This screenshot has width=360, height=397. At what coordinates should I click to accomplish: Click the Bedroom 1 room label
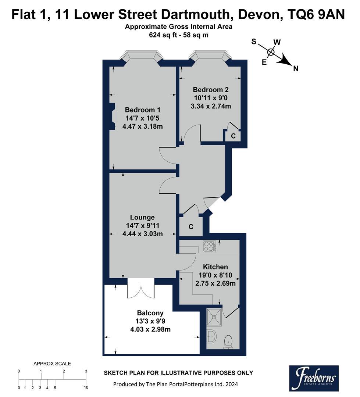(142, 110)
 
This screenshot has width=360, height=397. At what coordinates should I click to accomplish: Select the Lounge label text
(142, 217)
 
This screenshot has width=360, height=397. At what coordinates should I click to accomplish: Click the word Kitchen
(215, 267)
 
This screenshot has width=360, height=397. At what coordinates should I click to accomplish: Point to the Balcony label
(150, 313)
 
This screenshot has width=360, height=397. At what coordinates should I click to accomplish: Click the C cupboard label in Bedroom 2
(233, 136)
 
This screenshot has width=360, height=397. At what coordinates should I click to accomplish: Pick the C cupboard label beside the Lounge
(191, 227)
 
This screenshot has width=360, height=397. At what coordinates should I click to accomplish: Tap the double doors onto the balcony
(140, 289)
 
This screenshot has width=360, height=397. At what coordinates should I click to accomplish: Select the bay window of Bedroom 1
(142, 56)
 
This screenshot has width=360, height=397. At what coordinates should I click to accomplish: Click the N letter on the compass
(296, 68)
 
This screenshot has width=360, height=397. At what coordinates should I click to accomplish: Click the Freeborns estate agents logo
(314, 378)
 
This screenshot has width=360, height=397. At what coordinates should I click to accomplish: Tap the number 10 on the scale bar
(86, 387)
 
